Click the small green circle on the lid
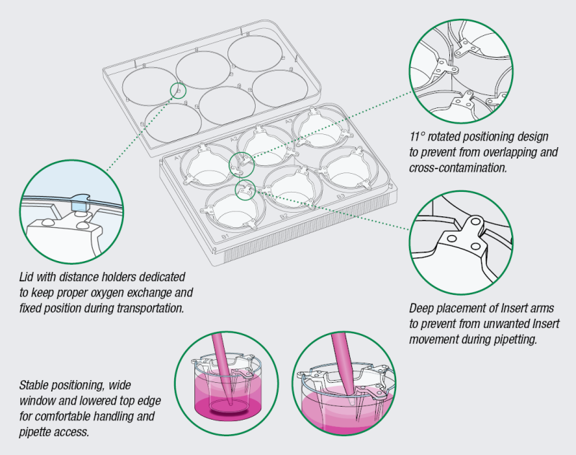pyautogui.click(x=178, y=90)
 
